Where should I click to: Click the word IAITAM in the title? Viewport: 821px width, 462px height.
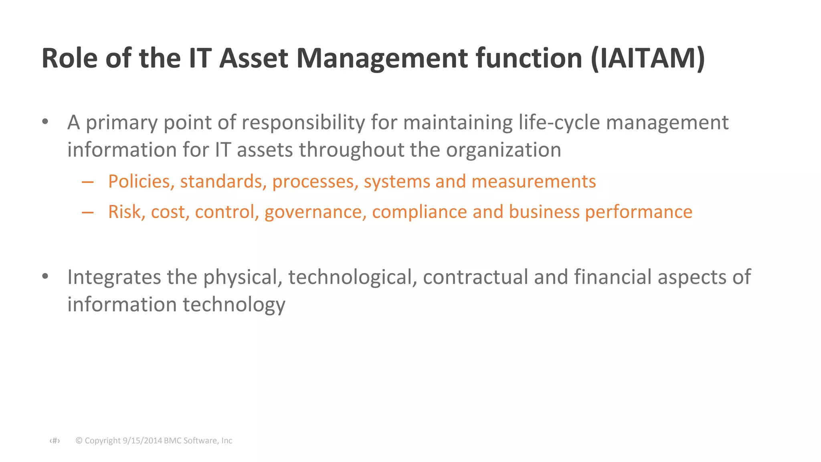(x=647, y=59)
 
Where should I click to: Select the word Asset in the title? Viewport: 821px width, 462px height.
(x=254, y=59)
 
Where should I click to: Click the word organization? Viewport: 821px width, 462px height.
(x=504, y=150)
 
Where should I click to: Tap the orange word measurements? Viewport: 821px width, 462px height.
(x=534, y=182)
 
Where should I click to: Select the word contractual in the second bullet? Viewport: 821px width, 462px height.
(x=475, y=277)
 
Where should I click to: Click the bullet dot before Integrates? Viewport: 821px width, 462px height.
(x=45, y=276)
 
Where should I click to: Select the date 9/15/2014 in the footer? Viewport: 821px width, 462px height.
(x=142, y=441)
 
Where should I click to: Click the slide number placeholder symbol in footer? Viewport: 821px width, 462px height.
(x=55, y=441)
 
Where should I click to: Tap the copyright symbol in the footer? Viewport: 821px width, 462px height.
(x=79, y=441)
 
